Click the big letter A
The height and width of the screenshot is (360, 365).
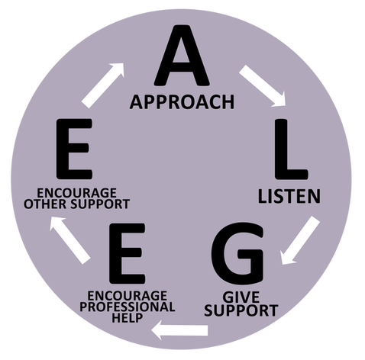tap(182, 55)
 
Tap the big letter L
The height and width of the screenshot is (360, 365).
tap(291, 149)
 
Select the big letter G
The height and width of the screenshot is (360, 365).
tap(237, 253)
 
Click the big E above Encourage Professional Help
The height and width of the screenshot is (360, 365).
tap(127, 253)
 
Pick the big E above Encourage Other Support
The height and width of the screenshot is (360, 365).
tap(74, 149)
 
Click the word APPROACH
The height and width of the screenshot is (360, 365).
tap(182, 102)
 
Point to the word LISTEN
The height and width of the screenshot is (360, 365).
tap(289, 197)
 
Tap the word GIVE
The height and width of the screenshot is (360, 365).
tap(241, 297)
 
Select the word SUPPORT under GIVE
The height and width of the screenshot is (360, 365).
tap(241, 310)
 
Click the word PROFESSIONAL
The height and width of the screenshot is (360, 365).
tap(128, 307)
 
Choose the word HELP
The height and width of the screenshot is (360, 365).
tap(128, 318)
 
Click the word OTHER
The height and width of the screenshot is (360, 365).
tap(46, 204)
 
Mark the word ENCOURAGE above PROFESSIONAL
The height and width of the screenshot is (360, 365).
tap(128, 296)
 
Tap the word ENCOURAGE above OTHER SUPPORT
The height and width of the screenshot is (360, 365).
tap(76, 193)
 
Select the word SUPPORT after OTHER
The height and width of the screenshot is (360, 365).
tap(100, 204)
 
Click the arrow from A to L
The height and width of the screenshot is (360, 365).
tap(263, 85)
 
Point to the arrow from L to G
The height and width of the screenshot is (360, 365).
tap(300, 240)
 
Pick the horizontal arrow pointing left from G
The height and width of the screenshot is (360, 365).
tap(179, 330)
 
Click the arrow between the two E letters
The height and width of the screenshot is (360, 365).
tap(69, 240)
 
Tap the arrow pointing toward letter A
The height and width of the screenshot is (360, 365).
tap(103, 85)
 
